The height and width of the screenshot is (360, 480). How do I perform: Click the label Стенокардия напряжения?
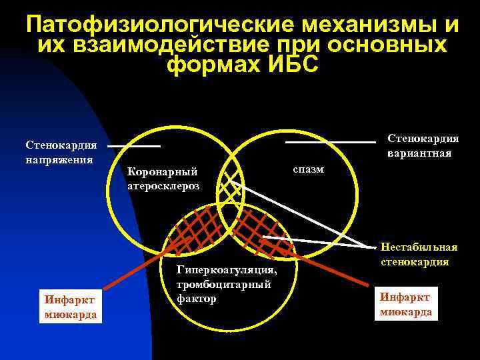click(61, 152)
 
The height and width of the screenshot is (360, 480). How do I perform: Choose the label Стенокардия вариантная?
click(423, 145)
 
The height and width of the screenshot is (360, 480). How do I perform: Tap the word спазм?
click(308, 169)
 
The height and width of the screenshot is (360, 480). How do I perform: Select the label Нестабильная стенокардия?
click(419, 253)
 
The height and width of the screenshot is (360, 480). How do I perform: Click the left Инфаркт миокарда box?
click(71, 306)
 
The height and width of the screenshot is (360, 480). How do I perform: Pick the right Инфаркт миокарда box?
click(406, 303)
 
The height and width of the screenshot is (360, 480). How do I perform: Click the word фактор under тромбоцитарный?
click(197, 299)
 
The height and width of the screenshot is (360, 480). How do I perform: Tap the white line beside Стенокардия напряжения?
click(134, 145)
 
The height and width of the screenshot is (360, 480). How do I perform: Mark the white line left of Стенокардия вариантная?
click(330, 142)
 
